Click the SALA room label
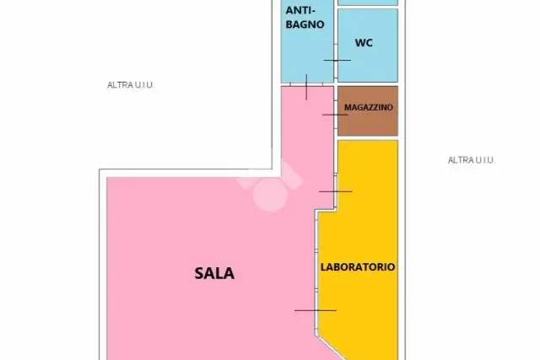tap(214, 274)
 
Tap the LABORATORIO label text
tap(358, 267)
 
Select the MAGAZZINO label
tap(369, 107)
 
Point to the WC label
tap(364, 43)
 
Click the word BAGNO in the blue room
tap(305, 24)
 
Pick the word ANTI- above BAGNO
tap(300, 11)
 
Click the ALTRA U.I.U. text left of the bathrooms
tap(130, 84)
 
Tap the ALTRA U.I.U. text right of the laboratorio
tap(471, 160)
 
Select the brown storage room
tap(368, 110)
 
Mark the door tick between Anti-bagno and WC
tap(337, 60)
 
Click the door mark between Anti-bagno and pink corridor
tap(306, 87)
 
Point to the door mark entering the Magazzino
tap(335, 115)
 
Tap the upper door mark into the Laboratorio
tap(336, 191)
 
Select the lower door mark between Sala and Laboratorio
tap(316, 310)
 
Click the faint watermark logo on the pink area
tap(271, 185)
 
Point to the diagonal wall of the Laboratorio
tap(330, 347)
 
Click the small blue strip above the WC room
tap(368, 3)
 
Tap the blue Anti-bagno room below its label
tap(307, 55)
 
